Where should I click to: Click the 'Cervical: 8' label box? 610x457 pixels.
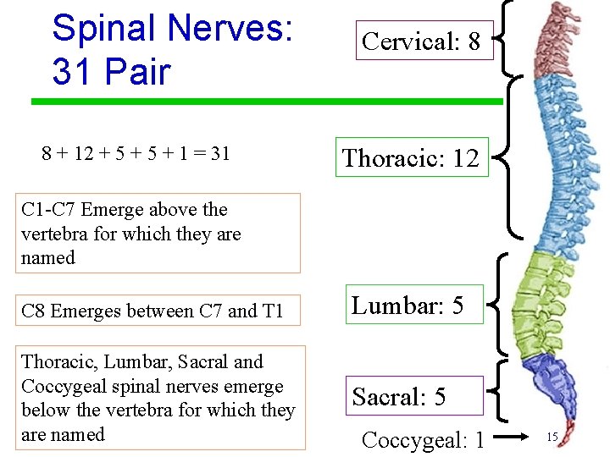(x=421, y=41)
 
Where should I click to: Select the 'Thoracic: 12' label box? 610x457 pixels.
(x=412, y=157)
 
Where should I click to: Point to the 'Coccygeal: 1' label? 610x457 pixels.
(x=423, y=440)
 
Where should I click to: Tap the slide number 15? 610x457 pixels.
(x=552, y=437)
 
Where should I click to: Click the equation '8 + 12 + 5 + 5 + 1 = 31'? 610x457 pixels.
(x=136, y=153)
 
